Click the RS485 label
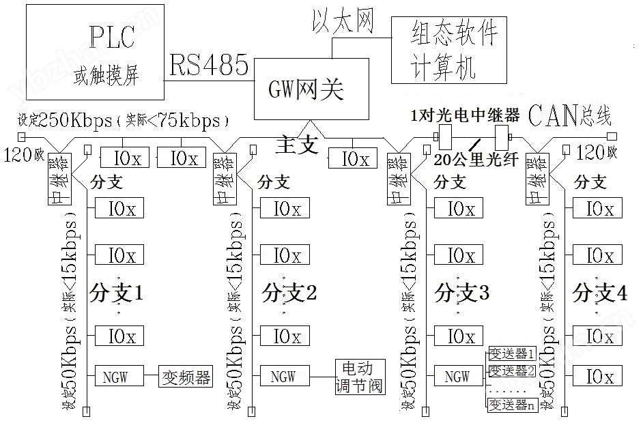click(x=209, y=66)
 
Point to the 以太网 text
click(x=343, y=21)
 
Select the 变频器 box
click(x=185, y=376)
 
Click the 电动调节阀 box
click(x=359, y=377)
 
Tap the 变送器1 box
click(x=512, y=353)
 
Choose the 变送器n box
click(x=512, y=405)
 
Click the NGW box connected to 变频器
click(x=119, y=376)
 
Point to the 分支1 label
click(x=117, y=293)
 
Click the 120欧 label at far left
click(x=24, y=154)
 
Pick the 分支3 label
click(x=461, y=293)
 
